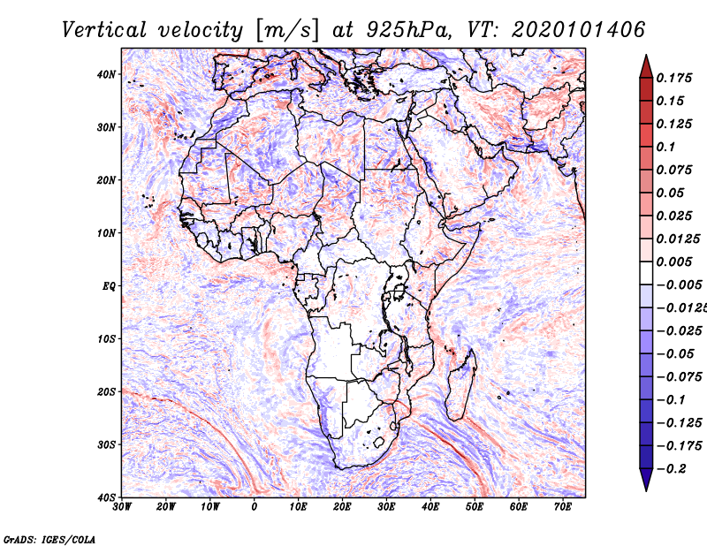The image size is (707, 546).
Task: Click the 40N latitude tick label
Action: [x=106, y=74]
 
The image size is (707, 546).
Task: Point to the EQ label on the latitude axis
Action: [x=109, y=286]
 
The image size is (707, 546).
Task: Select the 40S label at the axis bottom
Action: [x=106, y=497]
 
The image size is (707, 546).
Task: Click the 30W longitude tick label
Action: [x=122, y=507]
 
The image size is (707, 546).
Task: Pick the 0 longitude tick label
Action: [x=255, y=507]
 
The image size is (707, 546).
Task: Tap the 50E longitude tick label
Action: [x=475, y=507]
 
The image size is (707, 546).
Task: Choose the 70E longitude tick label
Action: [x=563, y=507]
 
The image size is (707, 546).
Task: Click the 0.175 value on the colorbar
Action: [x=673, y=78]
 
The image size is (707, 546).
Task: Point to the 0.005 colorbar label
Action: [x=673, y=262]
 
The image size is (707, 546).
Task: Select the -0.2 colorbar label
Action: [x=672, y=468]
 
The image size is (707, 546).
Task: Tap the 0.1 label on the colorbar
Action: [x=665, y=147]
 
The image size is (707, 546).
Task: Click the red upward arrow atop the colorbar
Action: [x=646, y=67]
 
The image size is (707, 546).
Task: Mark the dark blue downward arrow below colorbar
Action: [x=646, y=480]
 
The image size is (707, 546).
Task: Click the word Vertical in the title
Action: [x=103, y=30]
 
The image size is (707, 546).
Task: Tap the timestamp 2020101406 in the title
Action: [x=579, y=30]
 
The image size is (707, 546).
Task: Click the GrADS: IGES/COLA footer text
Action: [x=49, y=539]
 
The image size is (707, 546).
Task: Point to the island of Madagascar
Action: [x=461, y=384]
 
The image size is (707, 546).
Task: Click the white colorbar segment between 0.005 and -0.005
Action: [x=646, y=273]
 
